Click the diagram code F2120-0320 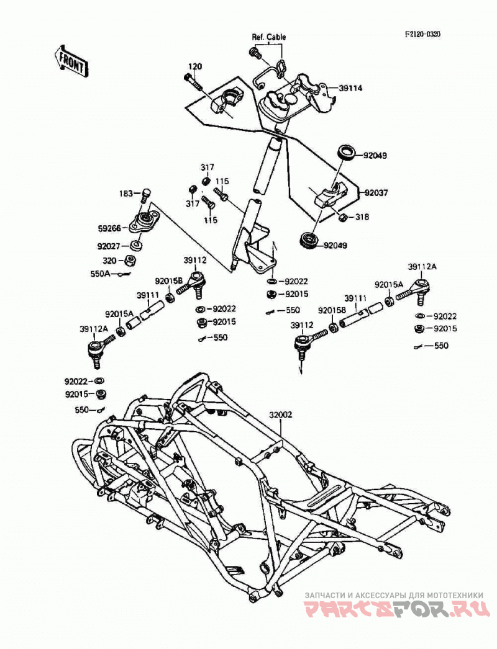point(422,34)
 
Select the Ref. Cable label point(269,37)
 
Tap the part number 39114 point(350,88)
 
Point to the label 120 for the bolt point(195,66)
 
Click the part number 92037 point(376,193)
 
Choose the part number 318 point(362,217)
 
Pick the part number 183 point(127,194)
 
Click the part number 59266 point(109,228)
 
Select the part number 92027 point(109,246)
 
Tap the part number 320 point(109,261)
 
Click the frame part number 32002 point(280,414)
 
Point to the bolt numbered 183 point(145,195)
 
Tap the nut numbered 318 point(343,217)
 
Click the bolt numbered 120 point(192,82)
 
